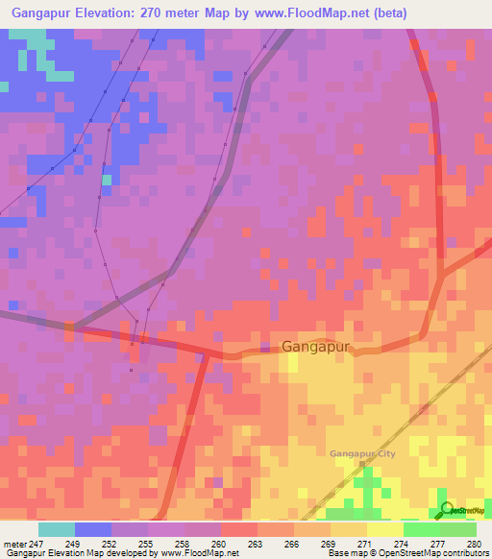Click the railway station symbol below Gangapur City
pyautogui.click(x=363, y=465)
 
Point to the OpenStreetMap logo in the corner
pyautogui.click(x=463, y=511)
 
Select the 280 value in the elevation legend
pyautogui.click(x=474, y=544)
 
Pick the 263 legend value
pyautogui.click(x=256, y=544)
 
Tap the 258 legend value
pyautogui.click(x=183, y=544)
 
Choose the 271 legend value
pyautogui.click(x=365, y=544)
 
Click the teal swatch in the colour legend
pyautogui.click(x=57, y=529)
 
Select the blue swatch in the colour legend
pyautogui.click(x=93, y=529)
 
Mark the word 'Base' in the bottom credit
pyautogui.click(x=336, y=554)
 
